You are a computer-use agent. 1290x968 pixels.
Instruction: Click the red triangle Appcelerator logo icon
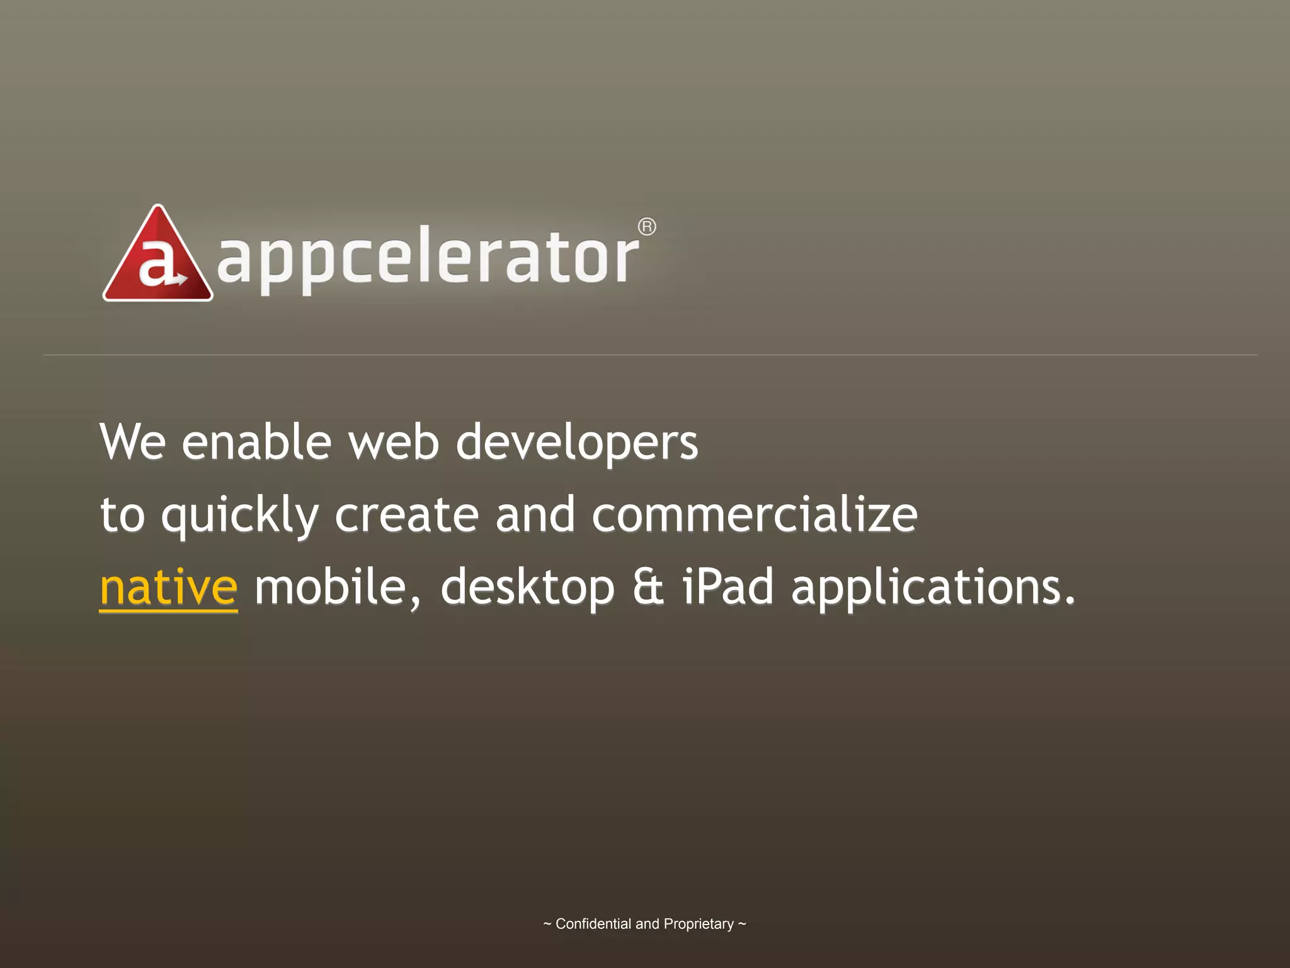click(157, 255)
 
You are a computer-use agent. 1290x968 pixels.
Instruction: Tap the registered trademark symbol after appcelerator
click(647, 227)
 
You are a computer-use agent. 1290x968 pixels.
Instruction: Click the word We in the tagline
click(133, 442)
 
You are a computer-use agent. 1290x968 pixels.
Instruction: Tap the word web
click(394, 442)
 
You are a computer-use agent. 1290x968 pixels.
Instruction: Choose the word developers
click(576, 443)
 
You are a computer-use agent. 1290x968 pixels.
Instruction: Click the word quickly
click(240, 516)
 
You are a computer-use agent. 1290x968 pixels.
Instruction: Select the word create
click(406, 514)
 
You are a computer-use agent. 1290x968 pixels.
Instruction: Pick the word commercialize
click(754, 514)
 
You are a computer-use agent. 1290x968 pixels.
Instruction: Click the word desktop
click(527, 588)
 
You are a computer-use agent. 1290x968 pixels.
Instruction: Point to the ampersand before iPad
click(648, 587)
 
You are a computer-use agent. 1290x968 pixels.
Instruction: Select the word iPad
click(728, 587)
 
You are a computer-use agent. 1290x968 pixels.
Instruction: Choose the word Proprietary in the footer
click(699, 925)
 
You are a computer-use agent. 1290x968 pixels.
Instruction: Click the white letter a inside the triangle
click(155, 265)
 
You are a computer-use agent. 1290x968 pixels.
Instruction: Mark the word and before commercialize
click(535, 514)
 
